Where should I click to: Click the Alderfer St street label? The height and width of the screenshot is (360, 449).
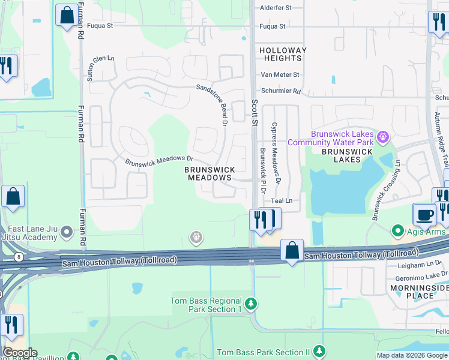coord(276,8)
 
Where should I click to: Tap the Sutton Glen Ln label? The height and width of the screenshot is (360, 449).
coord(102,61)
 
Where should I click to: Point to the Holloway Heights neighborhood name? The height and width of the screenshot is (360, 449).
coord(283,55)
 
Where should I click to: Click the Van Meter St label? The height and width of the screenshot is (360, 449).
coord(280,74)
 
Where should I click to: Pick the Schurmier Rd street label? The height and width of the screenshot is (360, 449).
coord(280,91)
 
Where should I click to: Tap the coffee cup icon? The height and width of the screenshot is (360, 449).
coord(424,215)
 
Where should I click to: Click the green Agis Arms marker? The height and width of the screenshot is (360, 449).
coord(397,231)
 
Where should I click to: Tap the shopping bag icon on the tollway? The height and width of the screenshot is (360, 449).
coord(292,250)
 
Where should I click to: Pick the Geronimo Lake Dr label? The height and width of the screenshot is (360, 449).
coord(420,280)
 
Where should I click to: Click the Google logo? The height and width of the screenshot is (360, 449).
coord(19,353)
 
